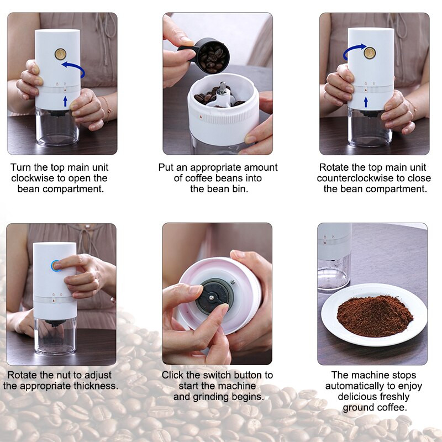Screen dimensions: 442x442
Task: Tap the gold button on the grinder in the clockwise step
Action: coord(60,54)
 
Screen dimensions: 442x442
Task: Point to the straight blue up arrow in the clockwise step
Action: coord(65,102)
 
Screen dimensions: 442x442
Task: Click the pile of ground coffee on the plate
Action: coord(375,315)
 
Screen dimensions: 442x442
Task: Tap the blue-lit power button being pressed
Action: coord(56,266)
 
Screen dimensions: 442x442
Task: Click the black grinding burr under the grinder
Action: coord(215,296)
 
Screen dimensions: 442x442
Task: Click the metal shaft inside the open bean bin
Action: coord(223,87)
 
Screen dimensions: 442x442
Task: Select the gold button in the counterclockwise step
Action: coord(370,52)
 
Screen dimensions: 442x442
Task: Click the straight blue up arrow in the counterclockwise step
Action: coord(366,102)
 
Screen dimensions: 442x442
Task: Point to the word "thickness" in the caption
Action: coord(96,386)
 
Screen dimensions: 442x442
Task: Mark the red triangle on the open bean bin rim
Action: coord(201,117)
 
